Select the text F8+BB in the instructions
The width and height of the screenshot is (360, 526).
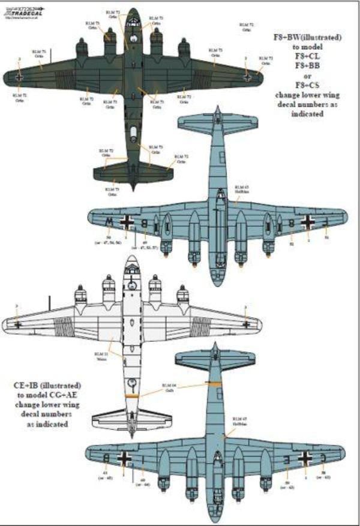coord(305,76)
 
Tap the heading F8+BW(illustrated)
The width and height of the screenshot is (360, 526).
coord(305,37)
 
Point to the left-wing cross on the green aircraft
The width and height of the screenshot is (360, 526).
coord(20,77)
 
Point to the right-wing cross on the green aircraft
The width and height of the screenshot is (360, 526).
coord(247,77)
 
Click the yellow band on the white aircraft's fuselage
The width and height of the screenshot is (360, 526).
coord(133,396)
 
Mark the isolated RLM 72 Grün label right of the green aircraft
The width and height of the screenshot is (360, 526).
coord(247,26)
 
